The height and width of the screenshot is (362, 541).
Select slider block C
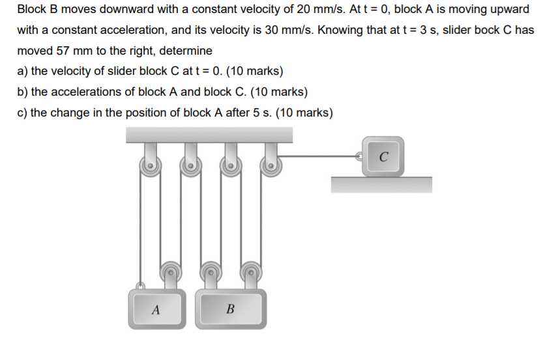point(384,156)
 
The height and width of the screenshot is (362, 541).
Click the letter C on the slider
point(384,156)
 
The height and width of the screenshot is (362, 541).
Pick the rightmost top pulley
point(269,167)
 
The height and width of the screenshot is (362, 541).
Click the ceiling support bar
point(209,134)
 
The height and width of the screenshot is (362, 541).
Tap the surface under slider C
point(381,184)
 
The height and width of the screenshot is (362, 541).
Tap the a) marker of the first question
point(23,71)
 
